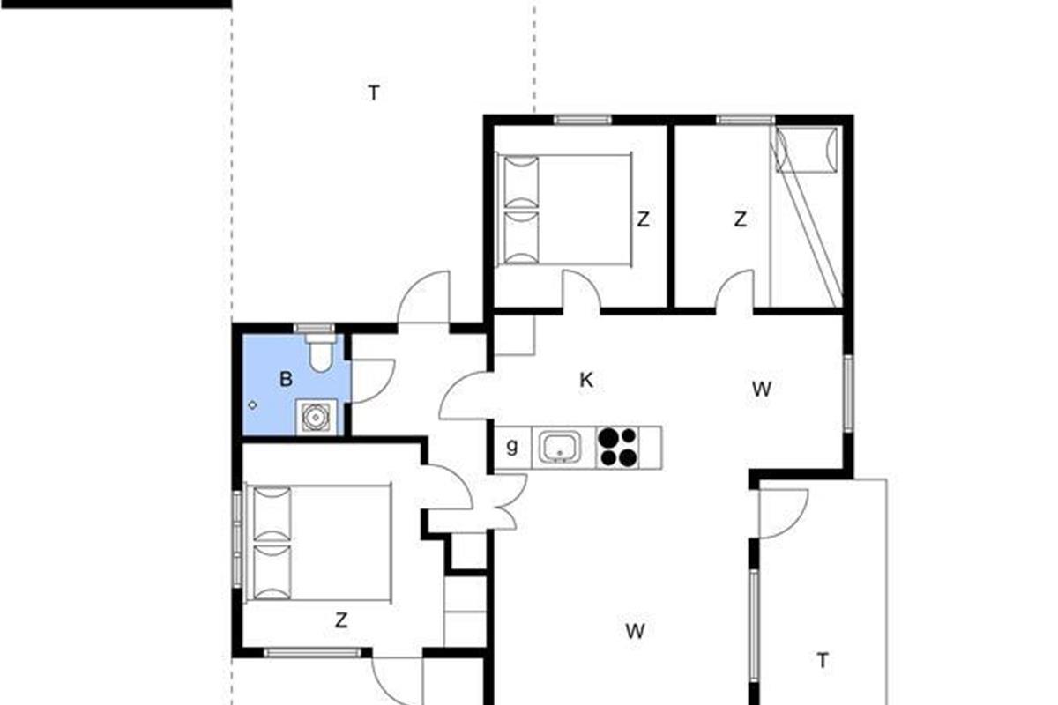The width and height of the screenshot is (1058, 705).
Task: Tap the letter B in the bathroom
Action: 286,379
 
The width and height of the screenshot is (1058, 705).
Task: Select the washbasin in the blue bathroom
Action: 316,417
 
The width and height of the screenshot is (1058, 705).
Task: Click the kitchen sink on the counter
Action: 560,447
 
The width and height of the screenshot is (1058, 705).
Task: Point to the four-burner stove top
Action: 618,447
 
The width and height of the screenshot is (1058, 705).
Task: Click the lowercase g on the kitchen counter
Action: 512,447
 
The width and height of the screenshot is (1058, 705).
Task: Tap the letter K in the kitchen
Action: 586,380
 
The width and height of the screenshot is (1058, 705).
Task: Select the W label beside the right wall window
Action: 762,390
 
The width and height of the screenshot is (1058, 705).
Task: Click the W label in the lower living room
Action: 636,631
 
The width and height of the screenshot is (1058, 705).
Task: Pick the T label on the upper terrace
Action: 374,93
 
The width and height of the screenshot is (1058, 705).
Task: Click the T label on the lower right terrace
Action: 823,661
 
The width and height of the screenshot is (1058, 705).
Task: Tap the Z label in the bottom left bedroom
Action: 341,620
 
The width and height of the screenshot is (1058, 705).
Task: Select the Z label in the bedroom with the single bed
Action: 740,219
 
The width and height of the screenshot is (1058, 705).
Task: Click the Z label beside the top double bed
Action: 643,219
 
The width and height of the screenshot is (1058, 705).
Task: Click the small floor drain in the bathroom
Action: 253,405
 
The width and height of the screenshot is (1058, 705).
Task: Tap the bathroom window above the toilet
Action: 314,328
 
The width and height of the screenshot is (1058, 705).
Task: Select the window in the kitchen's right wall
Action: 848,393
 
